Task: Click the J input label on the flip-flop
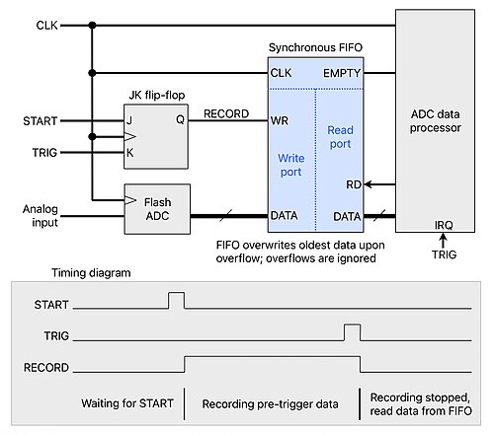[129, 120]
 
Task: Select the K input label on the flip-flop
[130, 153]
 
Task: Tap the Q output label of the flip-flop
[180, 119]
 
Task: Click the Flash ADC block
[157, 209]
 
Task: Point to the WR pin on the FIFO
[280, 120]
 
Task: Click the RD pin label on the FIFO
[354, 184]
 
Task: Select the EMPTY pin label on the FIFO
[342, 73]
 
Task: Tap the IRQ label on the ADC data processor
[444, 225]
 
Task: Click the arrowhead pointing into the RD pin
[368, 184]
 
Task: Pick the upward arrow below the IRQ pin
[444, 240]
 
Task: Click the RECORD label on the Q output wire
[226, 113]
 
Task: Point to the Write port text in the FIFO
[291, 165]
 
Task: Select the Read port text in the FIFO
[340, 137]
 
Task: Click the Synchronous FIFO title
[315, 47]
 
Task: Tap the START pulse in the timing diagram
[177, 300]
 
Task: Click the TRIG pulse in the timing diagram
[352, 332]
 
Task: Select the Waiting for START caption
[127, 403]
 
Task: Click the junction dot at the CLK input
[92, 26]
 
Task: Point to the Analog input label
[41, 216]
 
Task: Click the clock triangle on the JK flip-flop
[130, 136]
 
